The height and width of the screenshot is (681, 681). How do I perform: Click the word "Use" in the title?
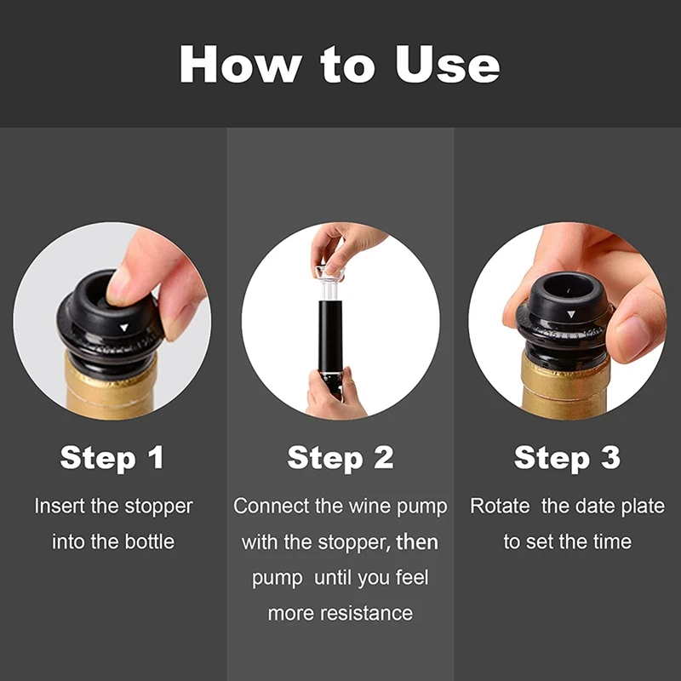[x=448, y=65]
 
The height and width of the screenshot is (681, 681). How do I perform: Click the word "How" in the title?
[x=241, y=64]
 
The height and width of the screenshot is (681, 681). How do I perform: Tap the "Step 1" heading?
[x=112, y=458]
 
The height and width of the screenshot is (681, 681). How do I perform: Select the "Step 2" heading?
[x=340, y=458]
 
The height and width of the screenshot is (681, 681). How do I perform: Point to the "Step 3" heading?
[x=567, y=458]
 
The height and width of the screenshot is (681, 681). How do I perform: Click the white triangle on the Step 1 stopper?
[x=124, y=328]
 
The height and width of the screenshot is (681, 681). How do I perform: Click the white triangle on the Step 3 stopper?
[x=571, y=314]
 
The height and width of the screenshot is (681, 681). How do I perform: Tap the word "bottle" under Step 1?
[x=150, y=542]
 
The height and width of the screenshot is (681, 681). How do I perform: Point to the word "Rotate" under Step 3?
[x=500, y=506]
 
